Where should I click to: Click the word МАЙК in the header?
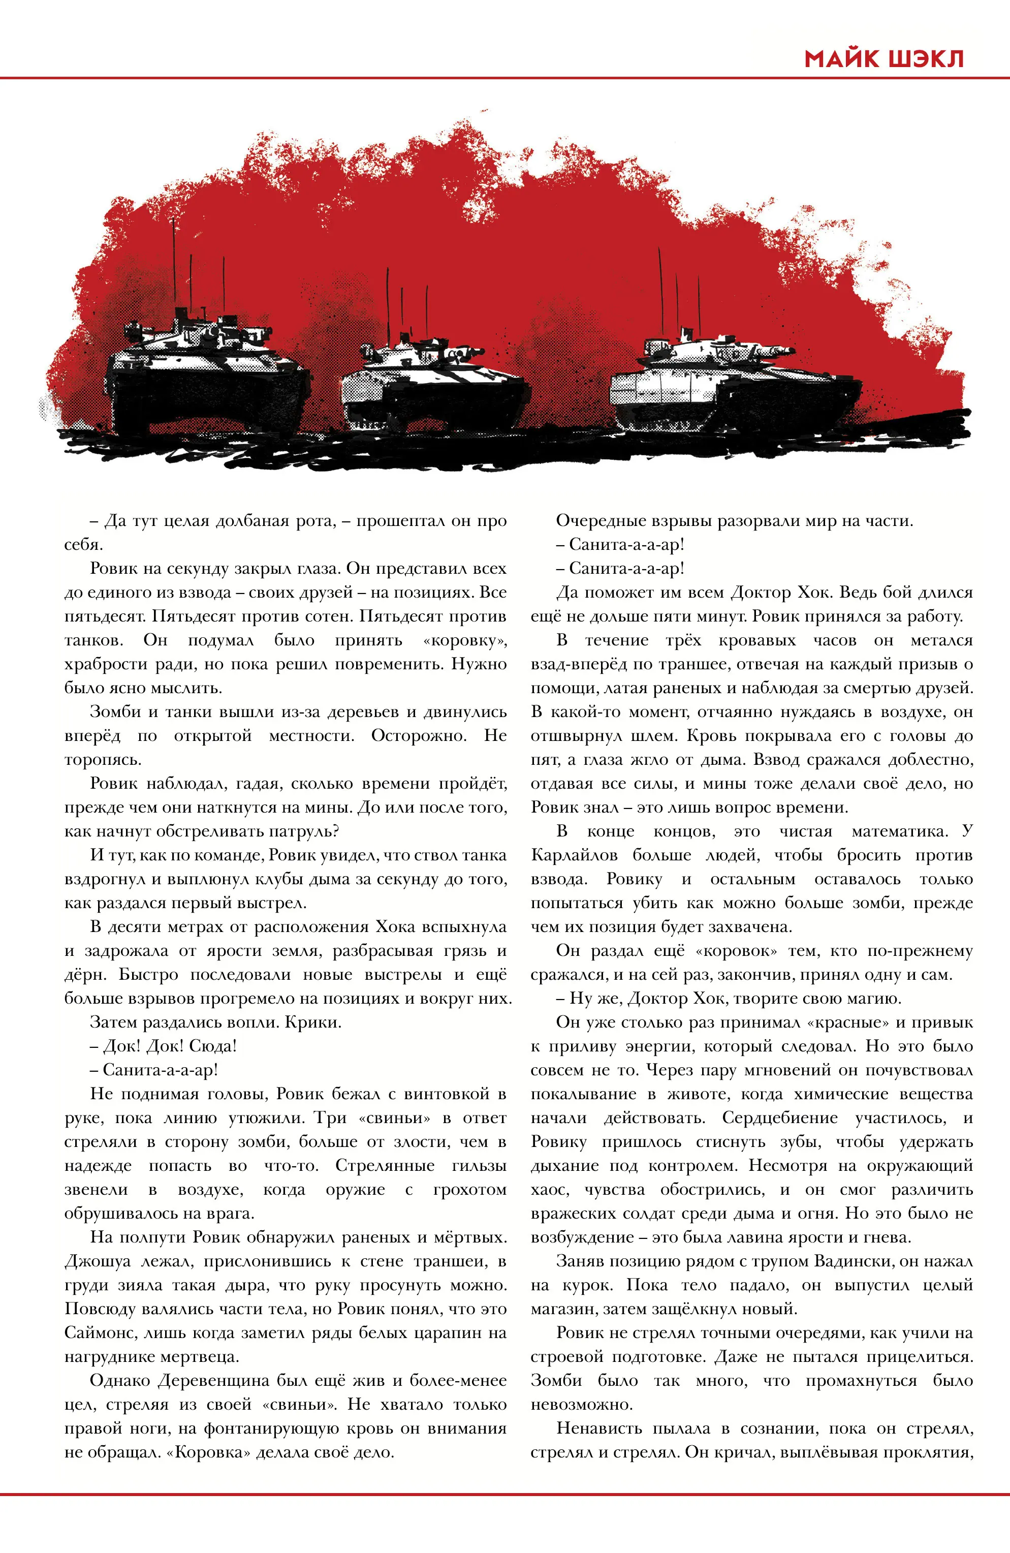coord(841,59)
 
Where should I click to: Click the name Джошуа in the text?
coord(97,1261)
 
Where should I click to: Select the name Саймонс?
coord(101,1333)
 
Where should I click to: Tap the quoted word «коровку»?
coord(464,640)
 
